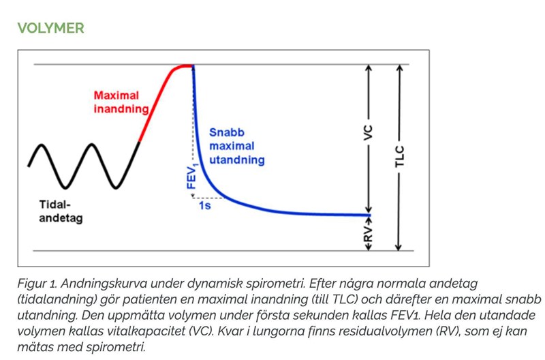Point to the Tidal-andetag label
pyautogui.click(x=61, y=211)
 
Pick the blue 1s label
pyautogui.click(x=204, y=205)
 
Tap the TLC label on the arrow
pyautogui.click(x=400, y=157)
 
